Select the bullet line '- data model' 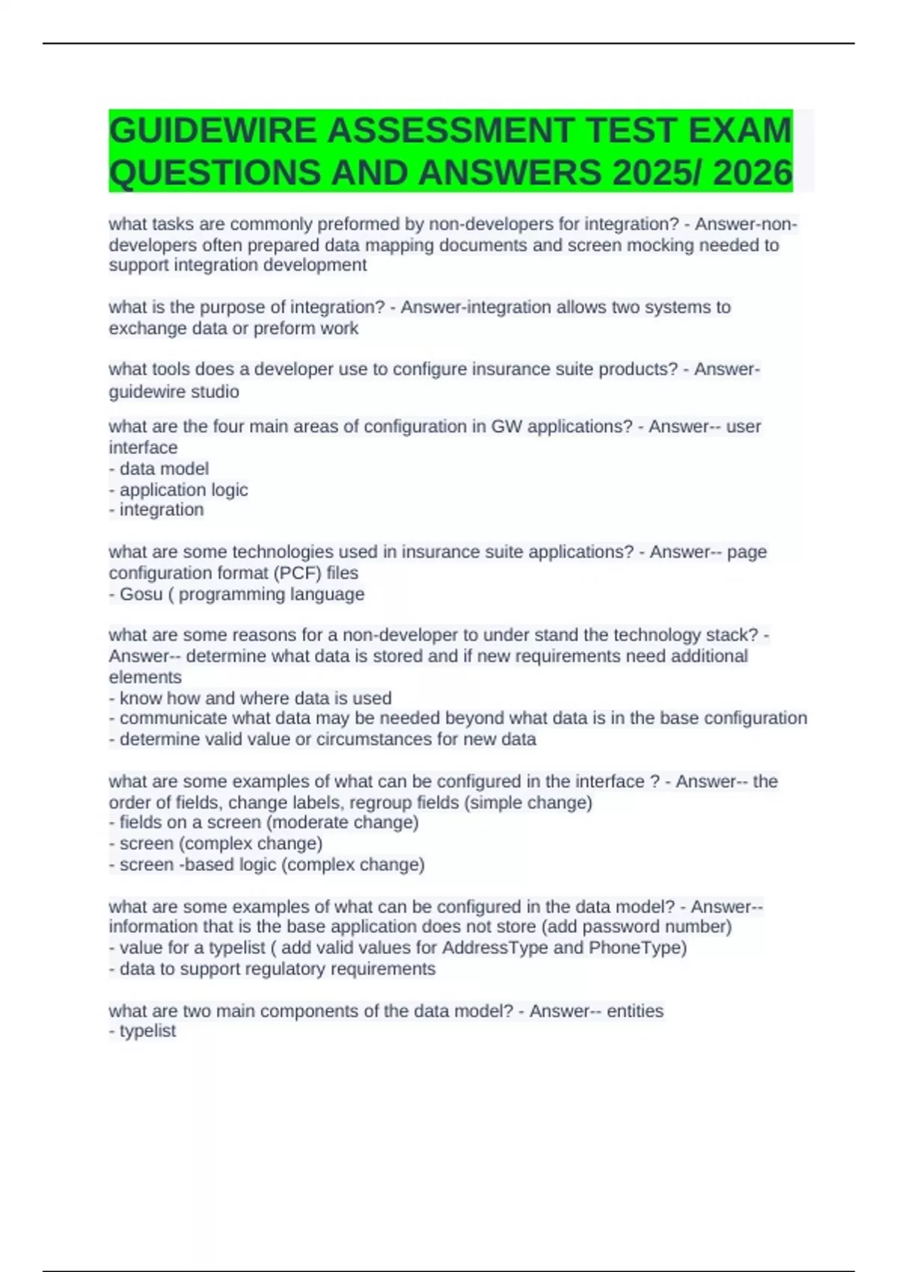(159, 468)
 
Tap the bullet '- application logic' (178, 489)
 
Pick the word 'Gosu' (141, 594)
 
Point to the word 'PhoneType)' (638, 948)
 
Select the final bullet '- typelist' (142, 1031)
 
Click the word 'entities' (635, 1011)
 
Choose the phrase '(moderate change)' (342, 822)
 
